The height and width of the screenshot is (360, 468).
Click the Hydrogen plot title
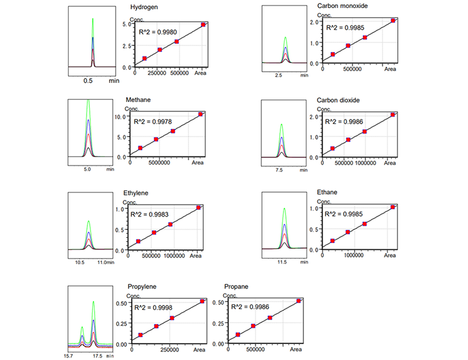[146, 7]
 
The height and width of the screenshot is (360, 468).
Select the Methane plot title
[139, 100]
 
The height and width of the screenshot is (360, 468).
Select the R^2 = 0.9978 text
[152, 121]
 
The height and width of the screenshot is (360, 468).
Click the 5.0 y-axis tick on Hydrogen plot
[128, 24]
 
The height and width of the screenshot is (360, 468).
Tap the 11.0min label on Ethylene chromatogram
[107, 262]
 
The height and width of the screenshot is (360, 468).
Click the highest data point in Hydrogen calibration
[204, 25]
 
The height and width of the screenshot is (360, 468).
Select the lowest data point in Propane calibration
[238, 335]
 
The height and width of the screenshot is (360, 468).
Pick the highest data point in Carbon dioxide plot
[392, 114]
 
